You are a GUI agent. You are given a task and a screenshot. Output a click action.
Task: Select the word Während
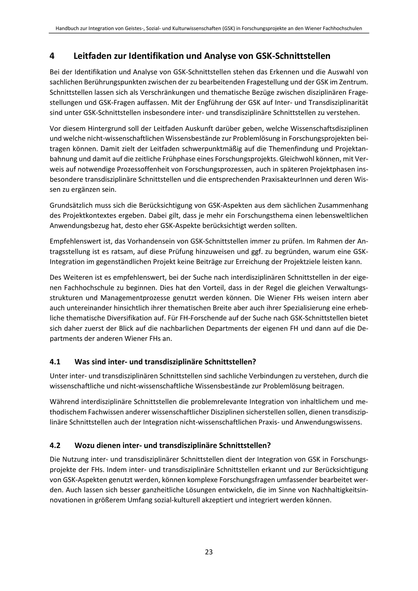point(64,402)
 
